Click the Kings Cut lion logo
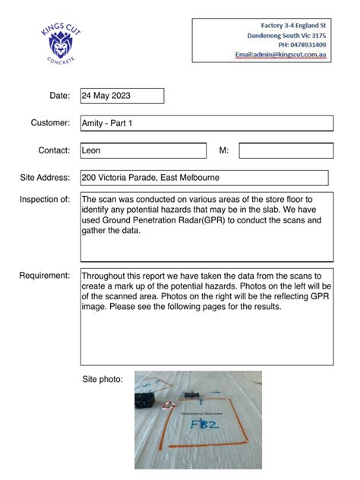pyautogui.click(x=59, y=43)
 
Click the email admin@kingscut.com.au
pyautogui.click(x=281, y=55)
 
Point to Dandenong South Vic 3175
pyautogui.click(x=287, y=36)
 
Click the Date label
pyautogui.click(x=59, y=96)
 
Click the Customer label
pyautogui.click(x=50, y=123)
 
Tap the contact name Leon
pyautogui.click(x=91, y=150)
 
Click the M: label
pyautogui.click(x=224, y=150)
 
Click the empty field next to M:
pyautogui.click(x=286, y=150)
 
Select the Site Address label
pyautogui.click(x=45, y=178)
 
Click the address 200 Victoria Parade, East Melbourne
pyautogui.click(x=150, y=178)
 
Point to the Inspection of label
pyautogui.click(x=45, y=200)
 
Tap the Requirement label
pyautogui.click(x=45, y=275)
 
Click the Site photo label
pyautogui.click(x=103, y=378)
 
